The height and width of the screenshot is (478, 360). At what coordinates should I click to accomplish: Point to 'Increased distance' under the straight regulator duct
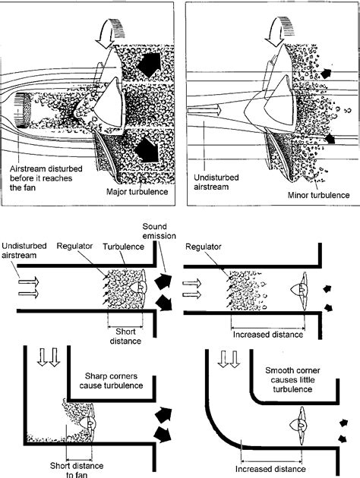tap(267, 334)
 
